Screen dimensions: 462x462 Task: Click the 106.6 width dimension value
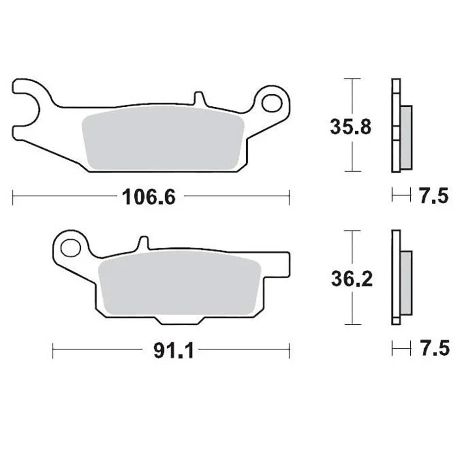point(149,197)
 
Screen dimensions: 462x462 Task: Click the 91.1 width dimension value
point(168,351)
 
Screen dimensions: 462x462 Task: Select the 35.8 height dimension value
point(350,127)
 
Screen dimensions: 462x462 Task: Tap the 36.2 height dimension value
point(351,279)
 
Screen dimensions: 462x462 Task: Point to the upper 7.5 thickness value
point(434,196)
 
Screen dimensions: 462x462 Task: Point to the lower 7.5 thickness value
point(434,349)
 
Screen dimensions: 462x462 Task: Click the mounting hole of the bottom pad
point(71,248)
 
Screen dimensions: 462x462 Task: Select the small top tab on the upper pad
point(199,98)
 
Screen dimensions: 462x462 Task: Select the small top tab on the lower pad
point(143,243)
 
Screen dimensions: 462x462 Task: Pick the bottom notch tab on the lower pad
point(179,320)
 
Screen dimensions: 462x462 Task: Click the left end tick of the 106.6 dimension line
point(13,196)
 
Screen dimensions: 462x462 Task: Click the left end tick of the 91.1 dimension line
point(53,350)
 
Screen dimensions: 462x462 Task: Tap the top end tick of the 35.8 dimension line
point(353,79)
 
